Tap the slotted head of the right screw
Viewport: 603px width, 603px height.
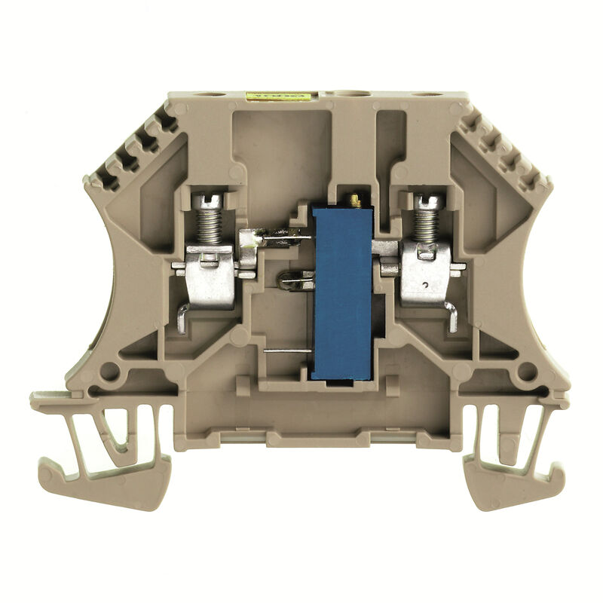pyautogui.click(x=427, y=201)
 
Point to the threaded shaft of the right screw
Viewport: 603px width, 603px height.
pyautogui.click(x=427, y=225)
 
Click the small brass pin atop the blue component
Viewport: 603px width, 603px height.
pyautogui.click(x=352, y=200)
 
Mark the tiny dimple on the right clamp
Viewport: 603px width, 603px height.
pyautogui.click(x=426, y=285)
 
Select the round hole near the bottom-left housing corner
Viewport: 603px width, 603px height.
pyautogui.click(x=109, y=371)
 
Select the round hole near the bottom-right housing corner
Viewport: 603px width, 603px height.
pyautogui.click(x=527, y=371)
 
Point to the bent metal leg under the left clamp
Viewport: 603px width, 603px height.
pyautogui.click(x=182, y=318)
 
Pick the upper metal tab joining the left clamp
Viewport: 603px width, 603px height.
pyautogui.click(x=275, y=240)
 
